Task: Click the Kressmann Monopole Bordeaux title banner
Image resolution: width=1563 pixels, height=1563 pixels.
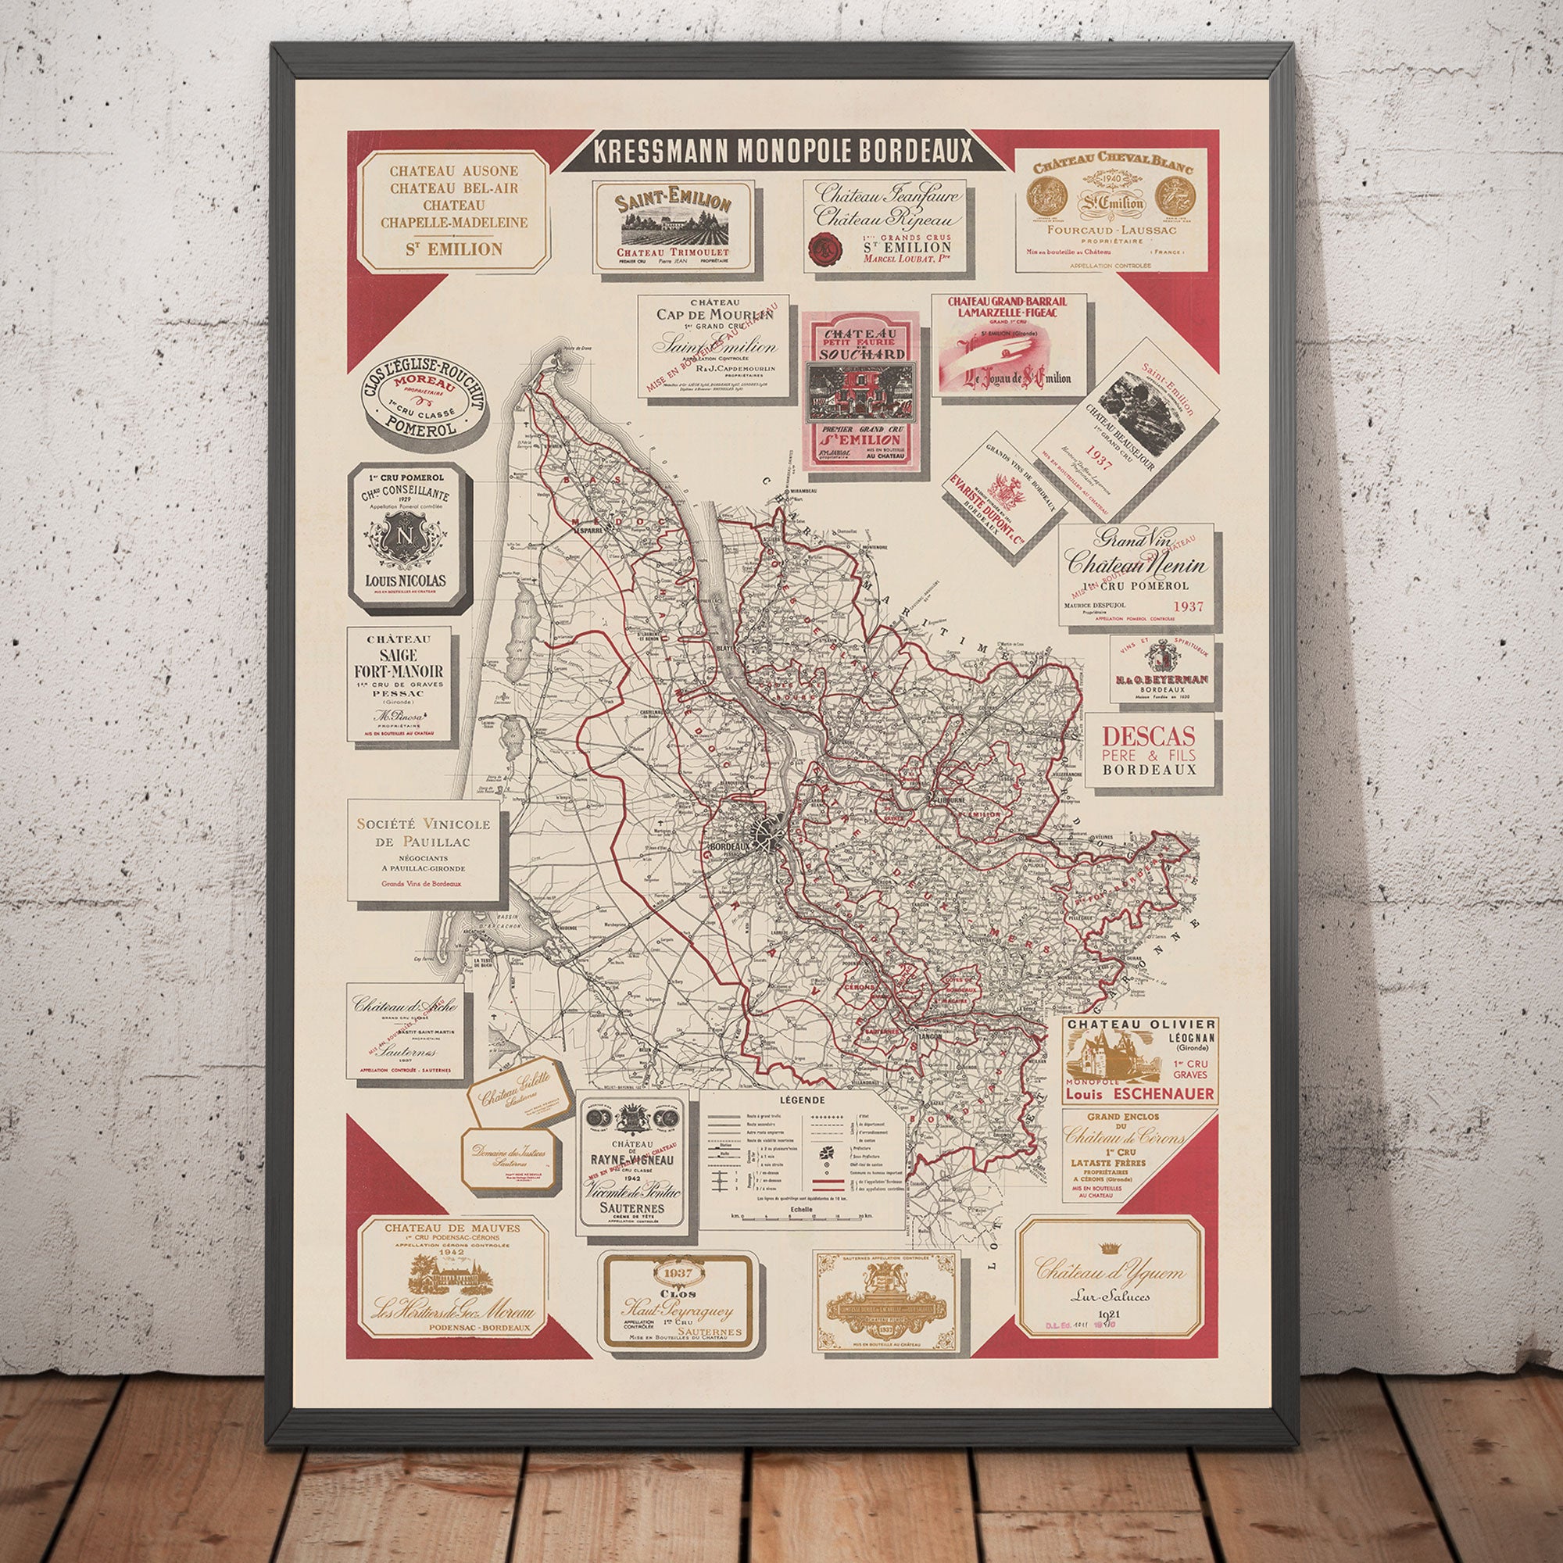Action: [x=781, y=151]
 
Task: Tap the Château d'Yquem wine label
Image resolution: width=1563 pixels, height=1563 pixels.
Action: [x=1110, y=1276]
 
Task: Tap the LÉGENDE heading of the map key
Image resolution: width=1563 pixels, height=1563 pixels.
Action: [x=802, y=1100]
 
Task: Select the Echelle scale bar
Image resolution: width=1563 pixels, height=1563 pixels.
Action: [x=801, y=1215]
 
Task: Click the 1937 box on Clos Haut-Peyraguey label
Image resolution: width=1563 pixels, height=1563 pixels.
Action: [x=677, y=1272]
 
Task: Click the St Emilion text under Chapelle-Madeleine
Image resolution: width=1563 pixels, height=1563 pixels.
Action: [x=454, y=249]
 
